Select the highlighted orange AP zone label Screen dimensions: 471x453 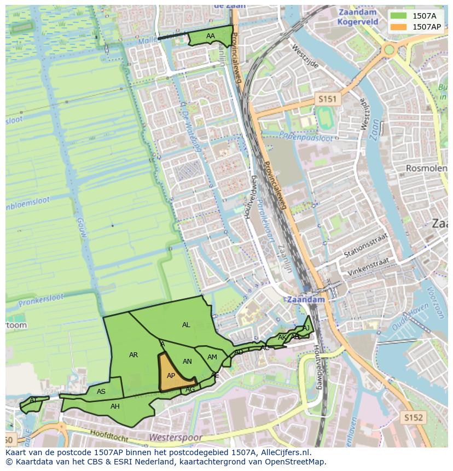pos(171,376)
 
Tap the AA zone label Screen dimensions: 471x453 pos(211,36)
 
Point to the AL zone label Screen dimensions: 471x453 pos(186,325)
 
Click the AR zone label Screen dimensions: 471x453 pos(133,355)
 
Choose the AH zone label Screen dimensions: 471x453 pos(115,406)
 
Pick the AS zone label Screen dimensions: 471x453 pos(101,392)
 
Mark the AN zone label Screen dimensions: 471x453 pos(187,362)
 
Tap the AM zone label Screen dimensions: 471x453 pos(212,357)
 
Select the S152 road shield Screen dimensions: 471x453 pos(414,417)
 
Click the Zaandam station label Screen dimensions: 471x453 pos(305,300)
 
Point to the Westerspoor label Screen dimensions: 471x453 pos(175,438)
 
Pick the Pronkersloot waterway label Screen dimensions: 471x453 pos(41,300)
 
